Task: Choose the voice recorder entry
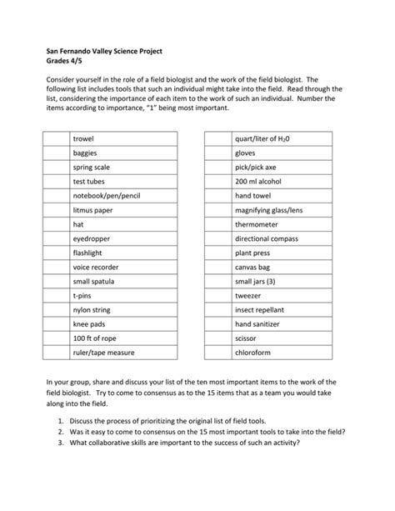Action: (96, 267)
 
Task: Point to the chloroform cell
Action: (255, 353)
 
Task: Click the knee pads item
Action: (88, 324)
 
